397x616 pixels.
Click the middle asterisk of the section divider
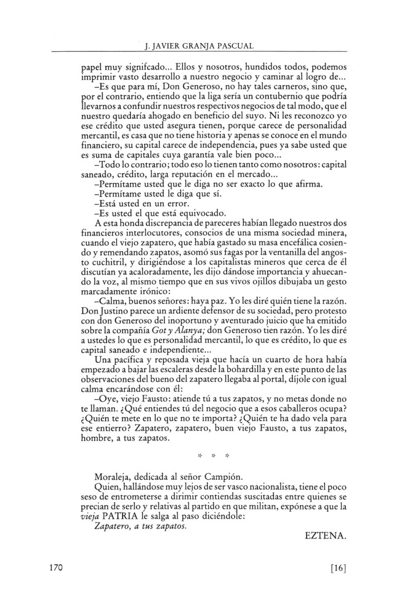coord(213,456)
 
